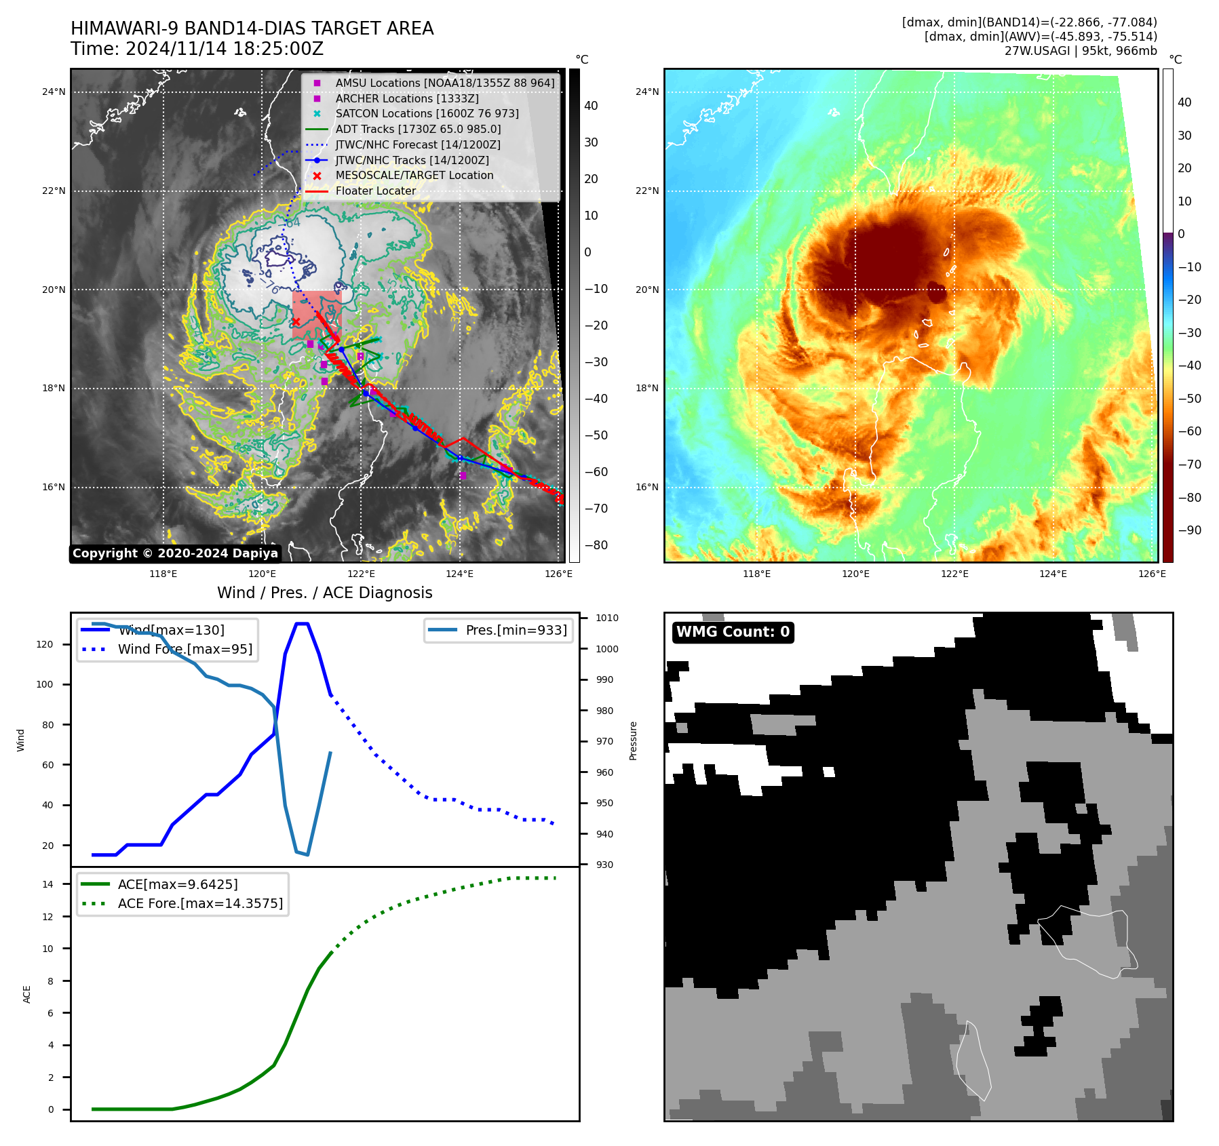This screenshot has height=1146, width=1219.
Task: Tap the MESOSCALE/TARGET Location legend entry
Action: [x=414, y=175]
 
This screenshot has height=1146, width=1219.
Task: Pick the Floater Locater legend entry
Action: [x=375, y=191]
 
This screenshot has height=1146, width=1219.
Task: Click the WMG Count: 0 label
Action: [x=733, y=632]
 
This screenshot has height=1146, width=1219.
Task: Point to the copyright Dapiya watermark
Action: [x=175, y=553]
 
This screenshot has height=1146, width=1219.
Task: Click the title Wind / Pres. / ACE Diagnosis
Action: [x=324, y=593]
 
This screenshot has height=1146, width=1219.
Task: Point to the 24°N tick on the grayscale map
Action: [x=54, y=92]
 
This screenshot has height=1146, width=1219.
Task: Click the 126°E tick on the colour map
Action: [x=1152, y=574]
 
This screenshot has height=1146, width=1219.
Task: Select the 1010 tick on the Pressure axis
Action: [x=607, y=618]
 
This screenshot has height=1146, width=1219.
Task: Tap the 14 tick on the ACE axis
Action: [x=48, y=884]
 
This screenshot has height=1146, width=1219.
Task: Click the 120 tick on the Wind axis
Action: [x=45, y=644]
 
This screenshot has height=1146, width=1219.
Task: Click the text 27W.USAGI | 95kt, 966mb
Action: [x=1081, y=51]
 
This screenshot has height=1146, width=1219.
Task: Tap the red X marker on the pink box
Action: [x=296, y=321]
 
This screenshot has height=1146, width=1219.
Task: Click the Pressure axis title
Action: [x=633, y=740]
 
